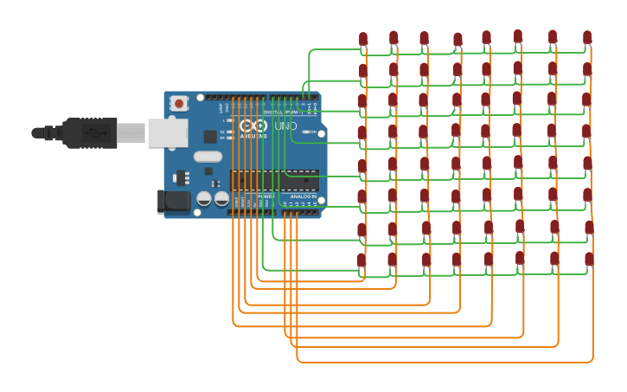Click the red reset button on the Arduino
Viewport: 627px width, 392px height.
[x=179, y=103]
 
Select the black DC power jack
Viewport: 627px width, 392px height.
[x=173, y=202]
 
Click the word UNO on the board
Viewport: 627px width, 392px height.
[x=285, y=126]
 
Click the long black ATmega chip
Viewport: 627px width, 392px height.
[x=274, y=180]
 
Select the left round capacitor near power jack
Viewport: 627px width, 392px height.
[x=204, y=198]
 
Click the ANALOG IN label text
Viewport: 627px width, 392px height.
[x=302, y=196]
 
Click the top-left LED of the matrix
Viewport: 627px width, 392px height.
[x=363, y=39]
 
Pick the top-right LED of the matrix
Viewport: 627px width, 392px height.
[x=587, y=37]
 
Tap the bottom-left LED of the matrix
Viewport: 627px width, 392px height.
[x=361, y=260]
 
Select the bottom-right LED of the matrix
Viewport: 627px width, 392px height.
[x=589, y=259]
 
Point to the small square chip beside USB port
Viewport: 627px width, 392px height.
[x=210, y=137]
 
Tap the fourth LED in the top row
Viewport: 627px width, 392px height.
[x=457, y=39]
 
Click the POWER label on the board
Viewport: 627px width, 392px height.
[x=265, y=196]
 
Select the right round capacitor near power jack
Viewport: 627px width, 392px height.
[x=221, y=198]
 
